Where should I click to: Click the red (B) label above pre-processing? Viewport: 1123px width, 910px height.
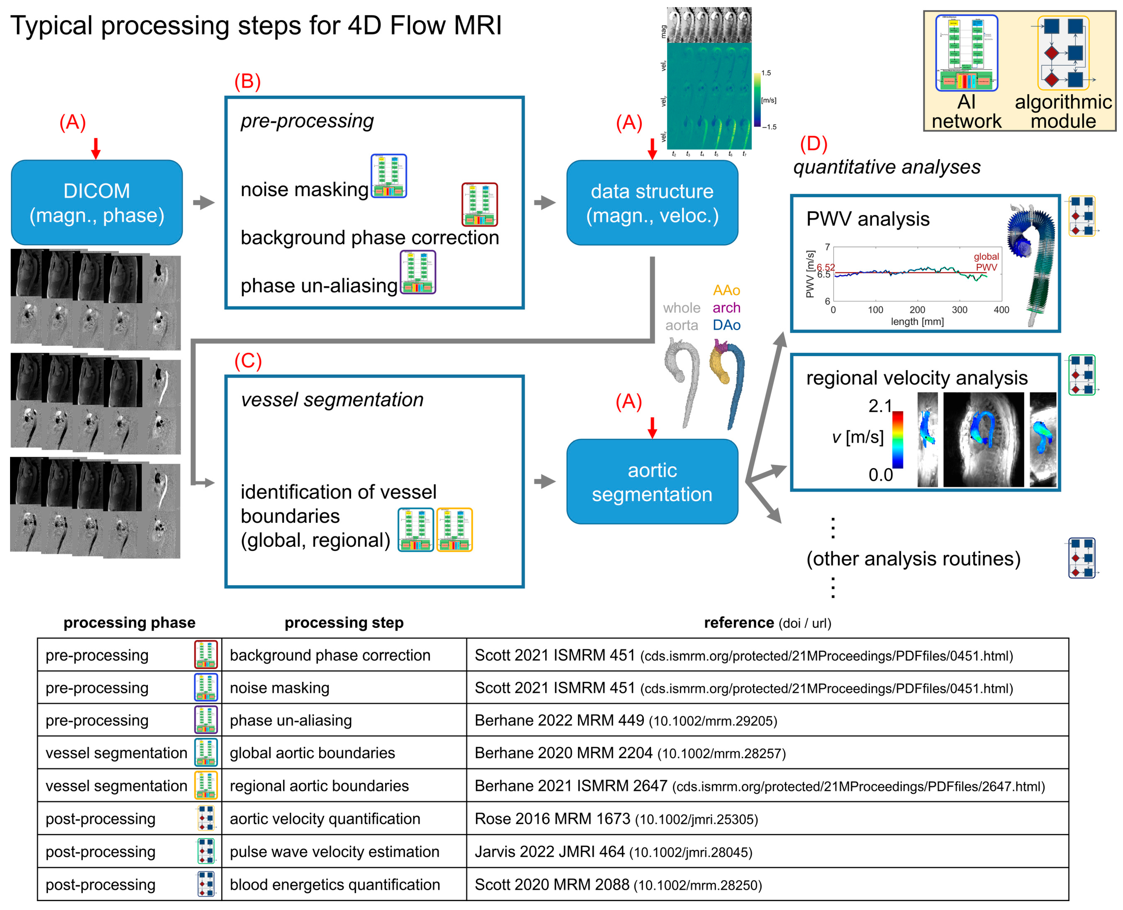247,82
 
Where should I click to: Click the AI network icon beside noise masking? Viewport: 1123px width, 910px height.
389,176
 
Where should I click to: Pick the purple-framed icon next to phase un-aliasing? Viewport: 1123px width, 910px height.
418,272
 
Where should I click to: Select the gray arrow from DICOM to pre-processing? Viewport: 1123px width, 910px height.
203,202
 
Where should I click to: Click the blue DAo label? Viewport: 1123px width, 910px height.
726,325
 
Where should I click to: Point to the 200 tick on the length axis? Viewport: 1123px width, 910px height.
917,310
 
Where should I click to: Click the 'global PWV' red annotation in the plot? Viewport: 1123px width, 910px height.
986,261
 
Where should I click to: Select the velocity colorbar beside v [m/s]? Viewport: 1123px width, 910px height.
898,439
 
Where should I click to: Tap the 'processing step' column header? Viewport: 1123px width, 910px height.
344,623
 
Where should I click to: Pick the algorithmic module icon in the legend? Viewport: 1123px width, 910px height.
1063,53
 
